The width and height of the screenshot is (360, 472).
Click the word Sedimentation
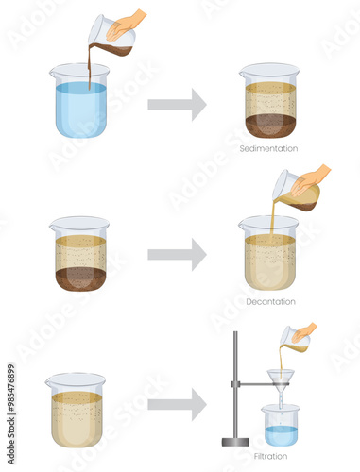(x=268, y=148)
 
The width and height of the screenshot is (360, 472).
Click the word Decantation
(x=270, y=302)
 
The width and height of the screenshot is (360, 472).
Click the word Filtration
(x=270, y=456)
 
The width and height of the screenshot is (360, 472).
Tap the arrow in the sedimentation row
(x=177, y=105)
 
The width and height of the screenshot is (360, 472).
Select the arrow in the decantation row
(x=177, y=255)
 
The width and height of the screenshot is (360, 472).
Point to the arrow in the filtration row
(x=177, y=404)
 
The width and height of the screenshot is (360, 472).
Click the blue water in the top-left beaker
(x=81, y=110)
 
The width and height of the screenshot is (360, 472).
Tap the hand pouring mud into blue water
(x=125, y=25)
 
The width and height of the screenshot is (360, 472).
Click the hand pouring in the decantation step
(x=309, y=180)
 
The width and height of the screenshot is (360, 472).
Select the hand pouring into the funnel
(x=303, y=333)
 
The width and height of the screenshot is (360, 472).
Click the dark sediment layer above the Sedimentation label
(x=270, y=126)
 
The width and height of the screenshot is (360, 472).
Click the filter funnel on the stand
(x=281, y=381)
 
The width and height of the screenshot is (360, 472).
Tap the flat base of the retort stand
(x=235, y=442)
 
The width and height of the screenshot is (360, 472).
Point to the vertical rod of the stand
(x=235, y=384)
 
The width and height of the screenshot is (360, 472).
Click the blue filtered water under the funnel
(x=281, y=436)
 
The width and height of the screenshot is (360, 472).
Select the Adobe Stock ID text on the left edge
(x=11, y=414)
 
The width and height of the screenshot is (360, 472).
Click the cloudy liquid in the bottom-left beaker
(x=77, y=419)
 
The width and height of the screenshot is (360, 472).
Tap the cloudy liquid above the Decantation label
(x=270, y=262)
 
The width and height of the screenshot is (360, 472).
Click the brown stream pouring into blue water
(x=91, y=67)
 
